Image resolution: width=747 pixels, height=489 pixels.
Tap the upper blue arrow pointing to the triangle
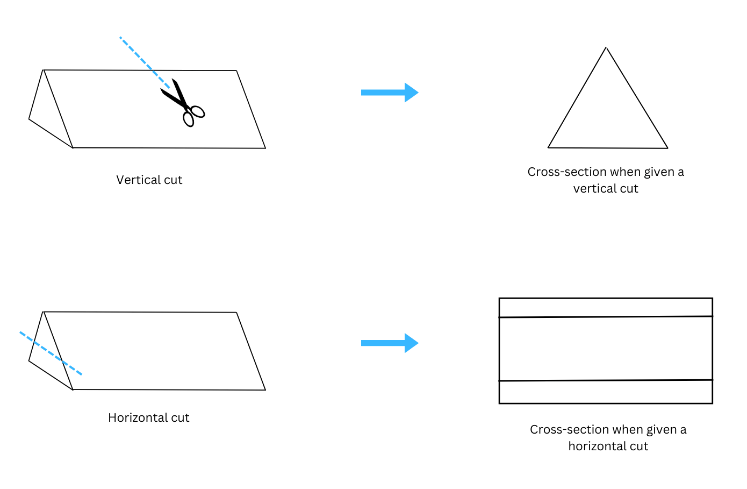(x=389, y=93)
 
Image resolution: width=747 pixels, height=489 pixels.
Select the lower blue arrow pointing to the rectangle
(x=389, y=343)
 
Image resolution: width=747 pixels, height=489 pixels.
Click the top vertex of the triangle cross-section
(x=606, y=48)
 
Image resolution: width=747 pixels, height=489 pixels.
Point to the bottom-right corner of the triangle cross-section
(x=667, y=148)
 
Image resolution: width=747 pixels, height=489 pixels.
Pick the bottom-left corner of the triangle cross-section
(x=548, y=147)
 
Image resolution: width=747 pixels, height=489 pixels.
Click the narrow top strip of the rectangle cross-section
(x=606, y=308)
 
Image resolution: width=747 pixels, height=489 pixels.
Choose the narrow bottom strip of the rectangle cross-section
(x=606, y=392)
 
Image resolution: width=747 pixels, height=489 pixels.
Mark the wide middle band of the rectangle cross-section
(x=606, y=349)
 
